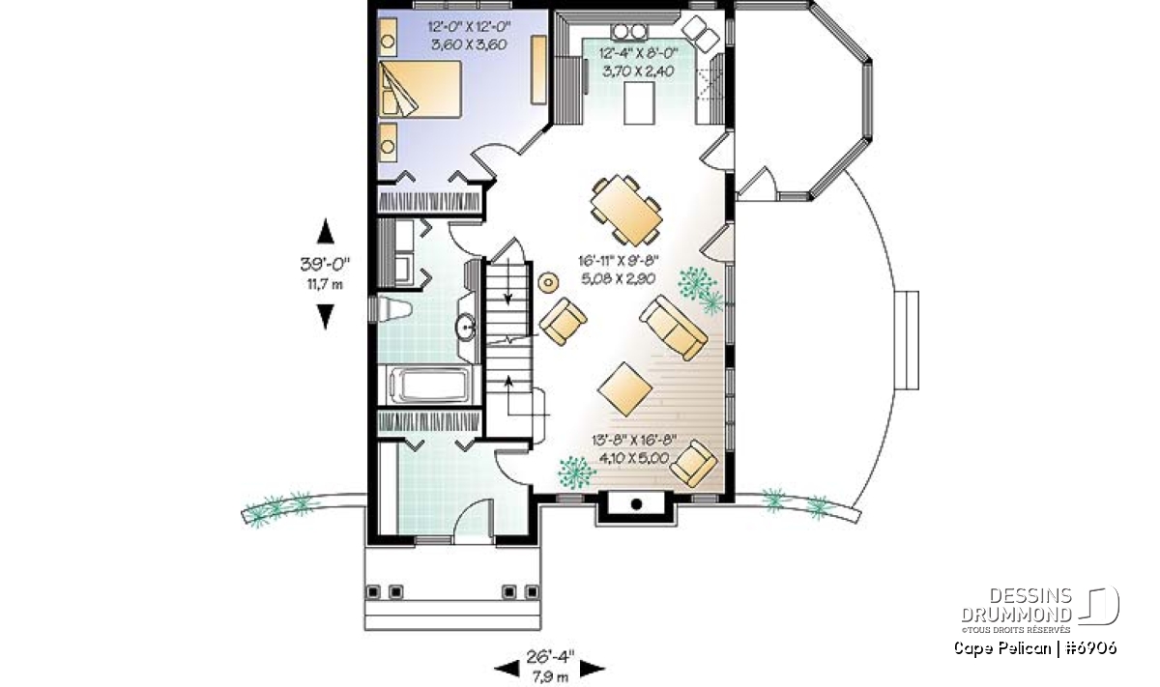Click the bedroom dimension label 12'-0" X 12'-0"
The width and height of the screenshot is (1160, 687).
coord(469,27)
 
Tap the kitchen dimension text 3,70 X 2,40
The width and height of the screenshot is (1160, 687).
coord(638,71)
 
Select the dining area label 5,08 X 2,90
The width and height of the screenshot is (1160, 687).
coord(619,279)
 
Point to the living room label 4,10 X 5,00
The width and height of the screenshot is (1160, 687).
coord(633,458)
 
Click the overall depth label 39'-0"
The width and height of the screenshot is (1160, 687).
coord(325,265)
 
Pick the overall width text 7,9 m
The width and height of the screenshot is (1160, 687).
coord(550,676)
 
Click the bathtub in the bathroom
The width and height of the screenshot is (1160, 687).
coord(430,385)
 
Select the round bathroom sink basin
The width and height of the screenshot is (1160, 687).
coord(465,327)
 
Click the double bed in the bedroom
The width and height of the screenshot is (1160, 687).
coord(420,89)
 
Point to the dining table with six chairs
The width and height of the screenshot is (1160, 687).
coord(626,210)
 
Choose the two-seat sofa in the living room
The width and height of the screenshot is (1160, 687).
coord(673,328)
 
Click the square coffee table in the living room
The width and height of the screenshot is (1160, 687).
coord(624,388)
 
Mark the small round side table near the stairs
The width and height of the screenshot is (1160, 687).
coord(548,283)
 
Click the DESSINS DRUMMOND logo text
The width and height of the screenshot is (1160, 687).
coord(1016,605)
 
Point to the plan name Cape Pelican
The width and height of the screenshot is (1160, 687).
coord(1002,648)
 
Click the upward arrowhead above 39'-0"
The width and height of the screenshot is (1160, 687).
coord(325,231)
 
